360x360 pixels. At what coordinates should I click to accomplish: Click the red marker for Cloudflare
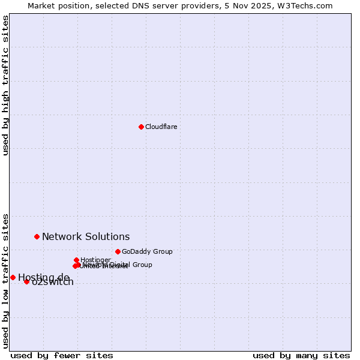(141, 127)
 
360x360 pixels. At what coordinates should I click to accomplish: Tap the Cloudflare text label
(161, 127)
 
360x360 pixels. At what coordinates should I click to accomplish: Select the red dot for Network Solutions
(37, 236)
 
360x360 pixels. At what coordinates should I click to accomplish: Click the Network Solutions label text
(86, 237)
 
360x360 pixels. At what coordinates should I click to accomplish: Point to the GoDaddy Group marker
(118, 251)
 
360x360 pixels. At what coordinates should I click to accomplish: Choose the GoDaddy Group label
(147, 251)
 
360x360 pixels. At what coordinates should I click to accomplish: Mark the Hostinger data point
(76, 260)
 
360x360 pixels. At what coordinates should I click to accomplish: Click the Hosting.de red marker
(13, 277)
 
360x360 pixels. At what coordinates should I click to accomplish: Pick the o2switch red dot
(26, 281)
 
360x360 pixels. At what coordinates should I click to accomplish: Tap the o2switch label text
(53, 283)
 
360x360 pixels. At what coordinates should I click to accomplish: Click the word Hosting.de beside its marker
(44, 277)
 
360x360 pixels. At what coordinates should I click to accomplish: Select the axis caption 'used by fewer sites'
(62, 355)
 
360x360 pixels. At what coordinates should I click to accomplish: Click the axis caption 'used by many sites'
(301, 355)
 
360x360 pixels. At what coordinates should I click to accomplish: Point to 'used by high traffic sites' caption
(5, 85)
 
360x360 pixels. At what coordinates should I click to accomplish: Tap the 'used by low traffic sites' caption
(5, 280)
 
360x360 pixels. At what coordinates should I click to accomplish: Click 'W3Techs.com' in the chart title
(309, 5)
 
